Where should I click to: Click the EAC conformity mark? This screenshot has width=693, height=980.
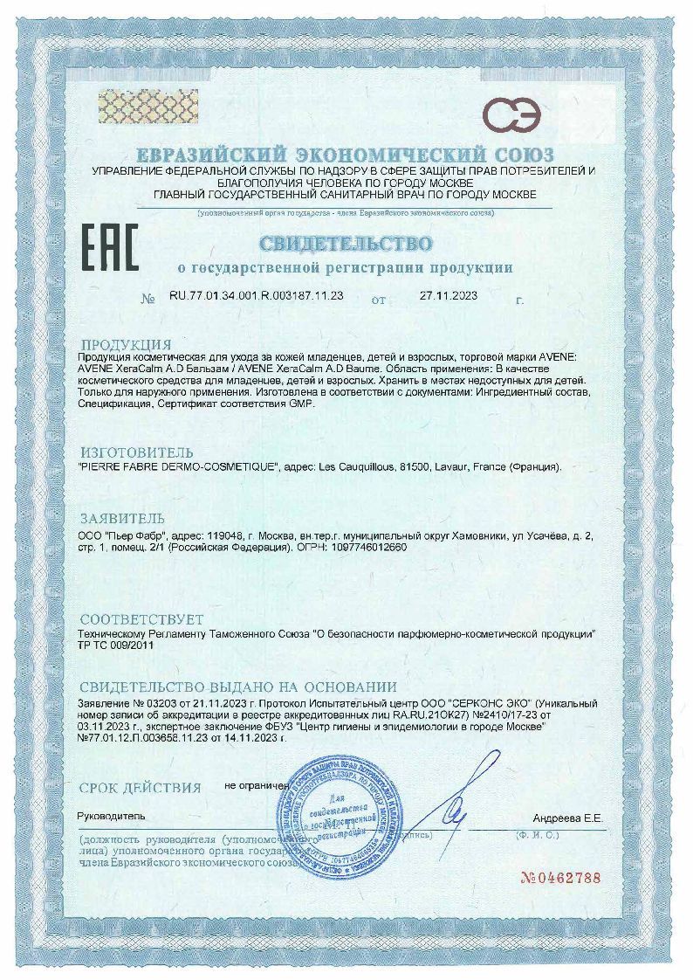(x=109, y=247)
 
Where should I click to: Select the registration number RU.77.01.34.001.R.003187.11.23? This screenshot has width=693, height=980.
(x=256, y=296)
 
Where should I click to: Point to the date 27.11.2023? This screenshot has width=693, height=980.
(x=452, y=296)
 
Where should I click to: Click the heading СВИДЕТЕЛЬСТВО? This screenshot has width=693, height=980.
(x=345, y=242)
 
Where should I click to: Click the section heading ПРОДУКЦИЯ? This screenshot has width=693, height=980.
(x=126, y=344)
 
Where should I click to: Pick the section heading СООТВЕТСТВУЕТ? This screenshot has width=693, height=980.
(x=141, y=618)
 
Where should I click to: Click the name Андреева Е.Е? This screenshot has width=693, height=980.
(x=567, y=818)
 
